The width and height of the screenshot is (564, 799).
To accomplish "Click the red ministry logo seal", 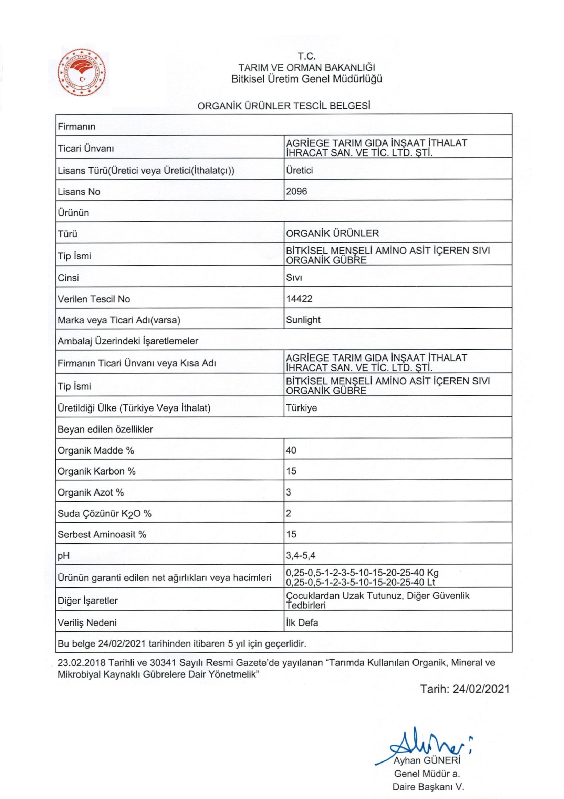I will pos(82,72).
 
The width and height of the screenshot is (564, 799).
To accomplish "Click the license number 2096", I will pos(296,191).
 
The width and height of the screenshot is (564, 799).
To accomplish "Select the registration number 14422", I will pos(299,299).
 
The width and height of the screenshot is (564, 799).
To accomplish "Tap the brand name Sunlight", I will pos(303,320).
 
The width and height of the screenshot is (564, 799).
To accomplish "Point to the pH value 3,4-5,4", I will pos(301,555).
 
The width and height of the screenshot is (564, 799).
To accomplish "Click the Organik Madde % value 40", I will pos(291,450).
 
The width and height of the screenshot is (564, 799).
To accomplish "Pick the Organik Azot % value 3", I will pos(289,492).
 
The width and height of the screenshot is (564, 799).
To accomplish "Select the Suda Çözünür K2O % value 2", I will pos(289,513).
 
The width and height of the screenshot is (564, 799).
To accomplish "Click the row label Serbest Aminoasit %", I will pos(102,534).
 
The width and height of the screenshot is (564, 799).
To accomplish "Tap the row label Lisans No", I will pos(79,192).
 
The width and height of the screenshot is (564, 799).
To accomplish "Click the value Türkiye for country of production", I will pos(301,408).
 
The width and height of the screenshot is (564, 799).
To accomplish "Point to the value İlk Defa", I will pos(302,622).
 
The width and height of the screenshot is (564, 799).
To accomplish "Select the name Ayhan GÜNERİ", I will pos(427,760).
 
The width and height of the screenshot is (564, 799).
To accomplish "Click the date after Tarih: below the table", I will pos(481,689).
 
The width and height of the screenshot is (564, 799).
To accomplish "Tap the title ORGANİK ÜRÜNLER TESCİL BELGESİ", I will pos(283,106).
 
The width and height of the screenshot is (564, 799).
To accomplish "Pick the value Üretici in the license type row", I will pos(299,170).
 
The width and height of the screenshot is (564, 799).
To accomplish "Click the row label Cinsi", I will pos(68,278).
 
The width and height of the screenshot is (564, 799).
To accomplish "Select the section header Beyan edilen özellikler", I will pos(105,429).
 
